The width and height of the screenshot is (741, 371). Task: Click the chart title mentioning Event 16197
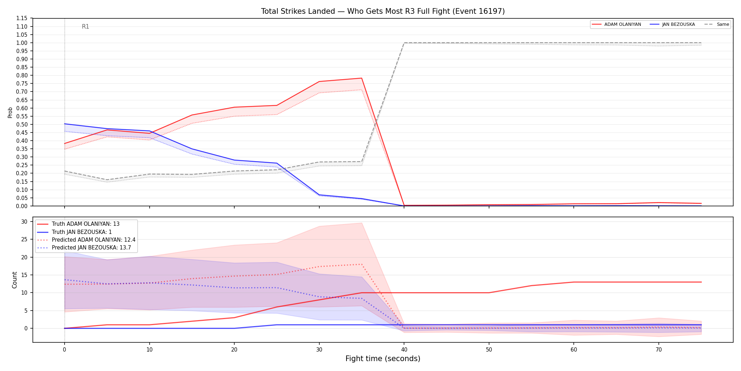pyautogui.click(x=383, y=11)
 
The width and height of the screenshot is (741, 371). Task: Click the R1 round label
pyautogui.click(x=85, y=26)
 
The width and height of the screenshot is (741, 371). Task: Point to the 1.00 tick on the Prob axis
pyautogui.click(x=22, y=43)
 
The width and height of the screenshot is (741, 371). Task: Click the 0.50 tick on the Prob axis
pyautogui.click(x=22, y=124)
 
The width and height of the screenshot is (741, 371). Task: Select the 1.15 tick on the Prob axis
pyautogui.click(x=22, y=18)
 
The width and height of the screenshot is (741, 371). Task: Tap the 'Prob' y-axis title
pyautogui.click(x=10, y=112)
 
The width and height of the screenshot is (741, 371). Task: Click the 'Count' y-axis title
pyautogui.click(x=14, y=280)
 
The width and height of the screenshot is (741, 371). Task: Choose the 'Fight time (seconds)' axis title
pyautogui.click(x=383, y=359)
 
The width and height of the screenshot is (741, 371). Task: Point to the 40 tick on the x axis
pyautogui.click(x=404, y=350)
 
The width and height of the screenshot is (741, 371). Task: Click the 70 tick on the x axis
pyautogui.click(x=659, y=350)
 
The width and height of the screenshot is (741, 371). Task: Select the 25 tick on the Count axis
pyautogui.click(x=24, y=239)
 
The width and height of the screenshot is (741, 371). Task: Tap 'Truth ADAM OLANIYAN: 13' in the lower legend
pyautogui.click(x=86, y=224)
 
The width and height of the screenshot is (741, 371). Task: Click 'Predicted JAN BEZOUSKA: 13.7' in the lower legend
pyautogui.click(x=91, y=248)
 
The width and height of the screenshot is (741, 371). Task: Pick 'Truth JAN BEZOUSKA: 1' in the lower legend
pyautogui.click(x=82, y=232)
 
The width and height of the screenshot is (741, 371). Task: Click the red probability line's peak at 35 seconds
pyautogui.click(x=362, y=78)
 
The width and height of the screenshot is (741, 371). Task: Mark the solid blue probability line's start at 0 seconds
pyautogui.click(x=65, y=124)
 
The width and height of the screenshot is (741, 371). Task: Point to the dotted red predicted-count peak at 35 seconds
pyautogui.click(x=362, y=264)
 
